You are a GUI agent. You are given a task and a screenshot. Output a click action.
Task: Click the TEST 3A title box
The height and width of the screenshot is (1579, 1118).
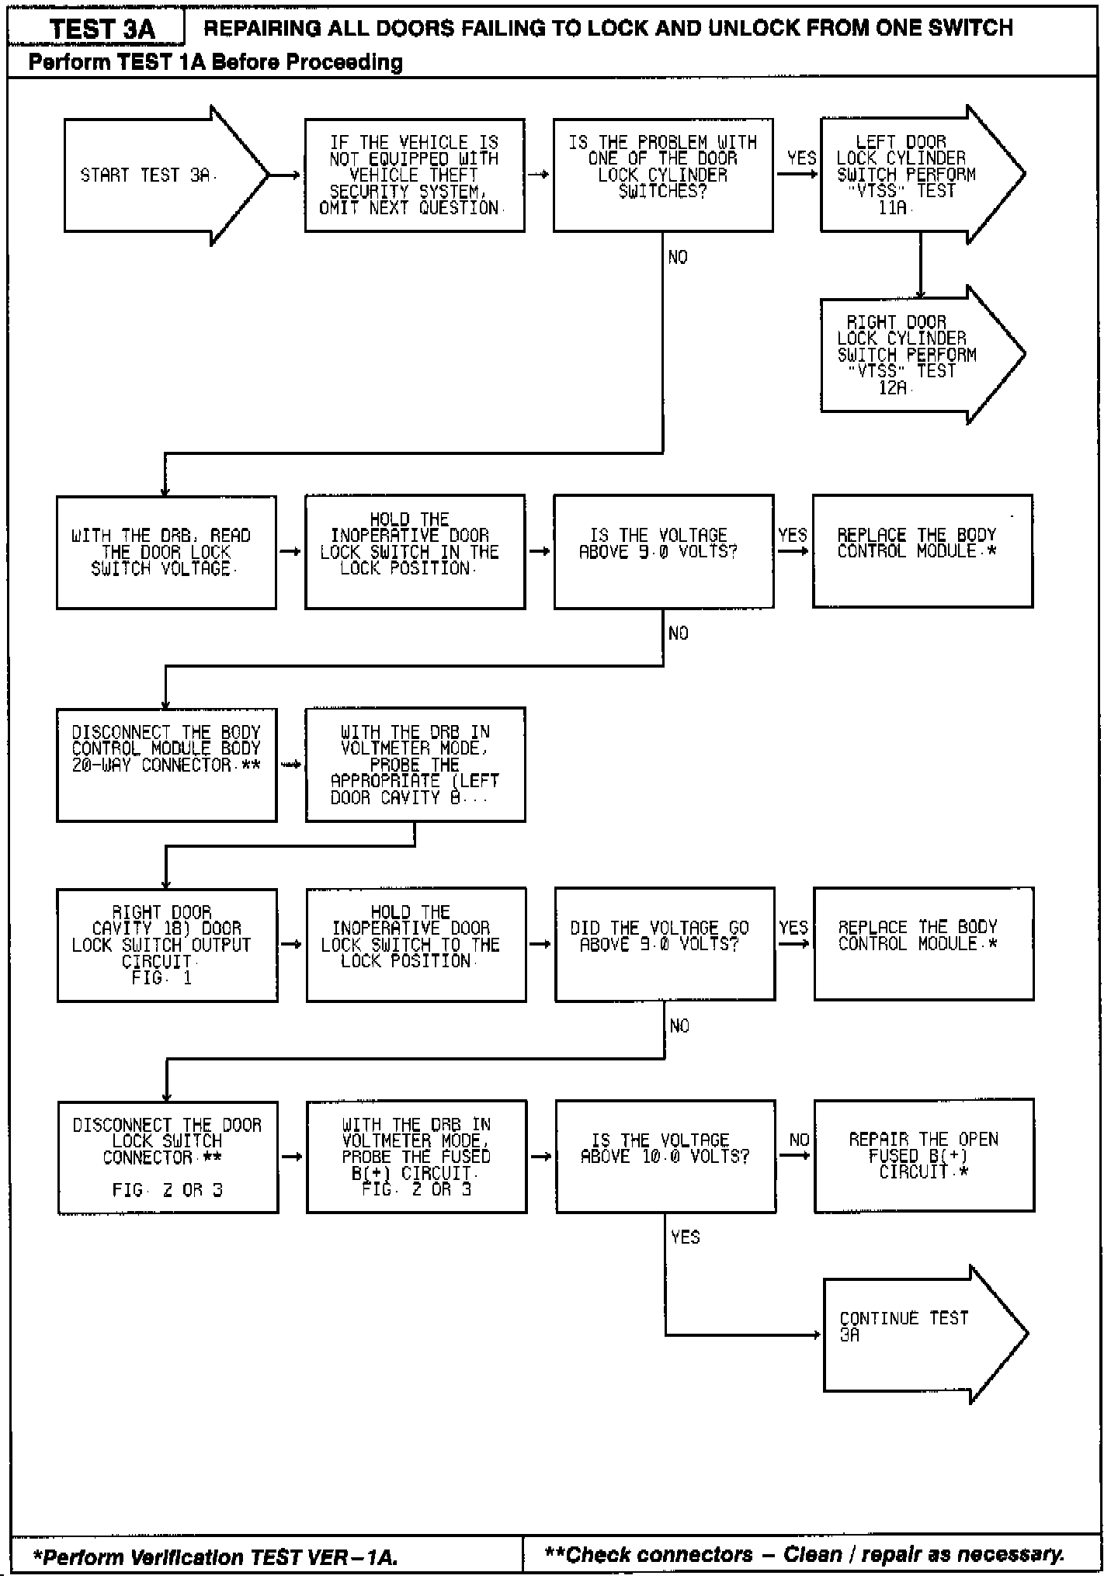click(x=101, y=29)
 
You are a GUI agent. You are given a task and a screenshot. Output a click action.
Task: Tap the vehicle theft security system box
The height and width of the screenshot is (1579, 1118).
click(x=415, y=175)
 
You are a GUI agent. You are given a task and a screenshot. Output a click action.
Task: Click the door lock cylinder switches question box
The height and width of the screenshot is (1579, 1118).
click(x=663, y=175)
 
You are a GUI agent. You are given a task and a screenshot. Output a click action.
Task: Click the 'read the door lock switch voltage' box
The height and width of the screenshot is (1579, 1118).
click(x=166, y=552)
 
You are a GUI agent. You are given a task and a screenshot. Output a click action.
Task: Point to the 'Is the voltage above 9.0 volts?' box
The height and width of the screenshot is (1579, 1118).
click(x=663, y=551)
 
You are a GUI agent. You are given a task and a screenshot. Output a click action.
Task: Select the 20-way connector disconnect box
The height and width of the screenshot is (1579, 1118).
click(x=166, y=765)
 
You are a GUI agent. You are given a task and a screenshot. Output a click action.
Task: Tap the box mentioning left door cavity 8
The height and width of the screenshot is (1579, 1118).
click(x=415, y=765)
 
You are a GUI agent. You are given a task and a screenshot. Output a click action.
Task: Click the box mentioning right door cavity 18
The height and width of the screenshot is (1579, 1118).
click(x=167, y=945)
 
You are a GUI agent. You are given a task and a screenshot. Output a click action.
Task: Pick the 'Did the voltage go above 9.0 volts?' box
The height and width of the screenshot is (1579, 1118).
click(x=665, y=944)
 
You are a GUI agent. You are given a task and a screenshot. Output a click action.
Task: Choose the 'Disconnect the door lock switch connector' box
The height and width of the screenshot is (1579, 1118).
click(x=168, y=1157)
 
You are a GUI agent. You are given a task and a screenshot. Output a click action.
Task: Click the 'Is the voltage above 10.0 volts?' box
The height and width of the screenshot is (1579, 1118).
click(x=665, y=1156)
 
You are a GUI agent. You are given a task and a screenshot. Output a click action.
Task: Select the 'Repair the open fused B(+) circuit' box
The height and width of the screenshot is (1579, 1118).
click(x=924, y=1155)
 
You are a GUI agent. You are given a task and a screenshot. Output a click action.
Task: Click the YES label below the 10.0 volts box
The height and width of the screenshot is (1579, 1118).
click(x=685, y=1237)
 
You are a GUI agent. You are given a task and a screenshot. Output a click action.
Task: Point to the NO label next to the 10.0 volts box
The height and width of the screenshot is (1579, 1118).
click(x=799, y=1140)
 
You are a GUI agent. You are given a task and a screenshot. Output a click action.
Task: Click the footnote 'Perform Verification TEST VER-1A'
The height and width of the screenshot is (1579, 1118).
click(x=215, y=1557)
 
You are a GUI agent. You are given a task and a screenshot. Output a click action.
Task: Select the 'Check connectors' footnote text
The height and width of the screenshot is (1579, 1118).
click(x=804, y=1555)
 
